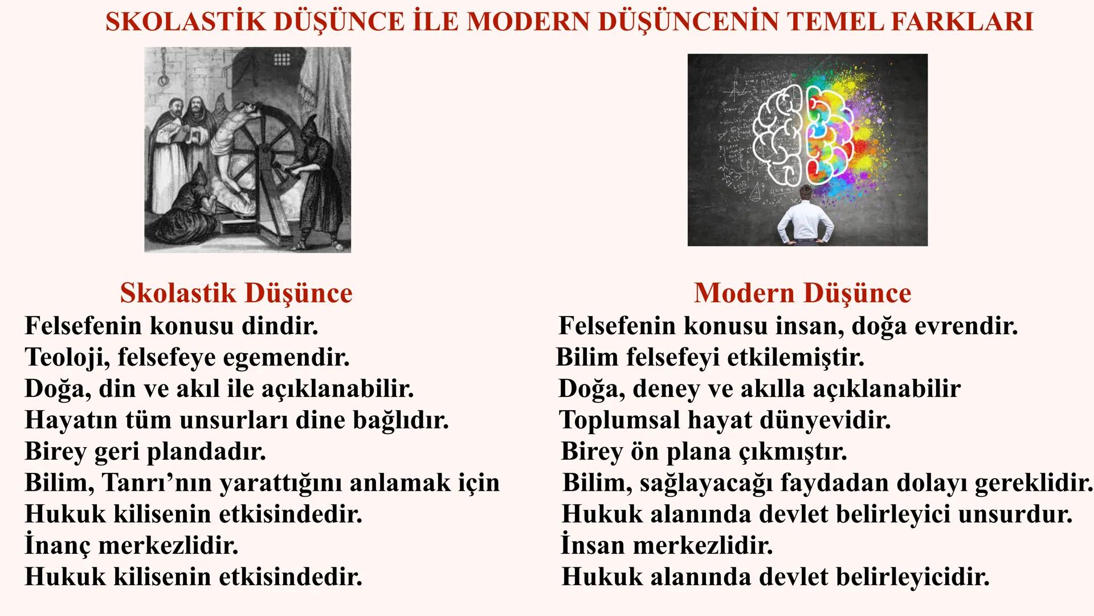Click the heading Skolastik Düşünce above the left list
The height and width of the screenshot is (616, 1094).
pos(236,293)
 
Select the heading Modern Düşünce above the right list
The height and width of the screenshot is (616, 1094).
pos(802,293)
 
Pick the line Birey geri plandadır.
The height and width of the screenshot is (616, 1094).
pos(145,452)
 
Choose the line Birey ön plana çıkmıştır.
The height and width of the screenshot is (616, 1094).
pos(704,452)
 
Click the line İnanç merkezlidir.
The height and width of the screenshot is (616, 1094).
pos(131,546)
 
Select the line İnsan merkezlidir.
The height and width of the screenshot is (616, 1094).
pos(667,546)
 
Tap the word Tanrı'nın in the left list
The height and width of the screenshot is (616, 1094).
pos(157,483)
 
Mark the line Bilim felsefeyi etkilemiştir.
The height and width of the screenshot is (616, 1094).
pos(710,358)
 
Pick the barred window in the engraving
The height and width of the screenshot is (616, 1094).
pos(282,60)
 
